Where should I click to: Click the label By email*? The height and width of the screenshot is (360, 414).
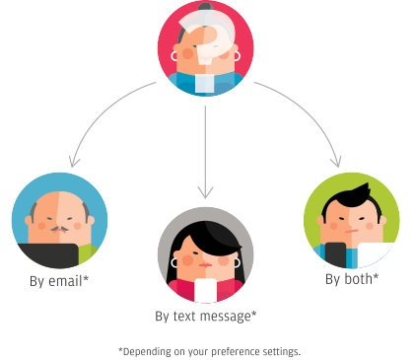pos(59,281)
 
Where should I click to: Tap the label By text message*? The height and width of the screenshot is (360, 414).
pos(206,317)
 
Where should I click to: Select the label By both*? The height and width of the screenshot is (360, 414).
pos(352,279)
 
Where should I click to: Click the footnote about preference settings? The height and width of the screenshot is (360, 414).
pos(209,351)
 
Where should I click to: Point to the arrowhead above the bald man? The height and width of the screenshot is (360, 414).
pos(74,162)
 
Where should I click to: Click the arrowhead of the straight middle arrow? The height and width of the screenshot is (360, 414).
pos(205,192)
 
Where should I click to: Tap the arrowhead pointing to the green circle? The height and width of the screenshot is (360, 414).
pos(336,162)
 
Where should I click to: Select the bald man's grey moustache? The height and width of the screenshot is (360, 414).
pos(59,229)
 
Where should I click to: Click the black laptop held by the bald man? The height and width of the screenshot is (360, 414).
pos(48,255)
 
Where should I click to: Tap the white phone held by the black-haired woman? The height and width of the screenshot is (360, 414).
pos(206,291)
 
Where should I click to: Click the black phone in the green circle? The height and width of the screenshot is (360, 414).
pos(335,254)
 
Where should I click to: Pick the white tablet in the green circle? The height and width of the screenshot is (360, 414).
pos(375,254)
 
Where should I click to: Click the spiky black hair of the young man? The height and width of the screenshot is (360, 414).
pos(352,199)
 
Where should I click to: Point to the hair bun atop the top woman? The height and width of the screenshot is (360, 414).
pos(205,6)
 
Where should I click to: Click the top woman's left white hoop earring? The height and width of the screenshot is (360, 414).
pos(173,56)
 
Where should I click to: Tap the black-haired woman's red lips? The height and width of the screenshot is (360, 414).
pos(205,265)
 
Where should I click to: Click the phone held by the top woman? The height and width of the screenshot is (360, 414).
pos(205,84)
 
